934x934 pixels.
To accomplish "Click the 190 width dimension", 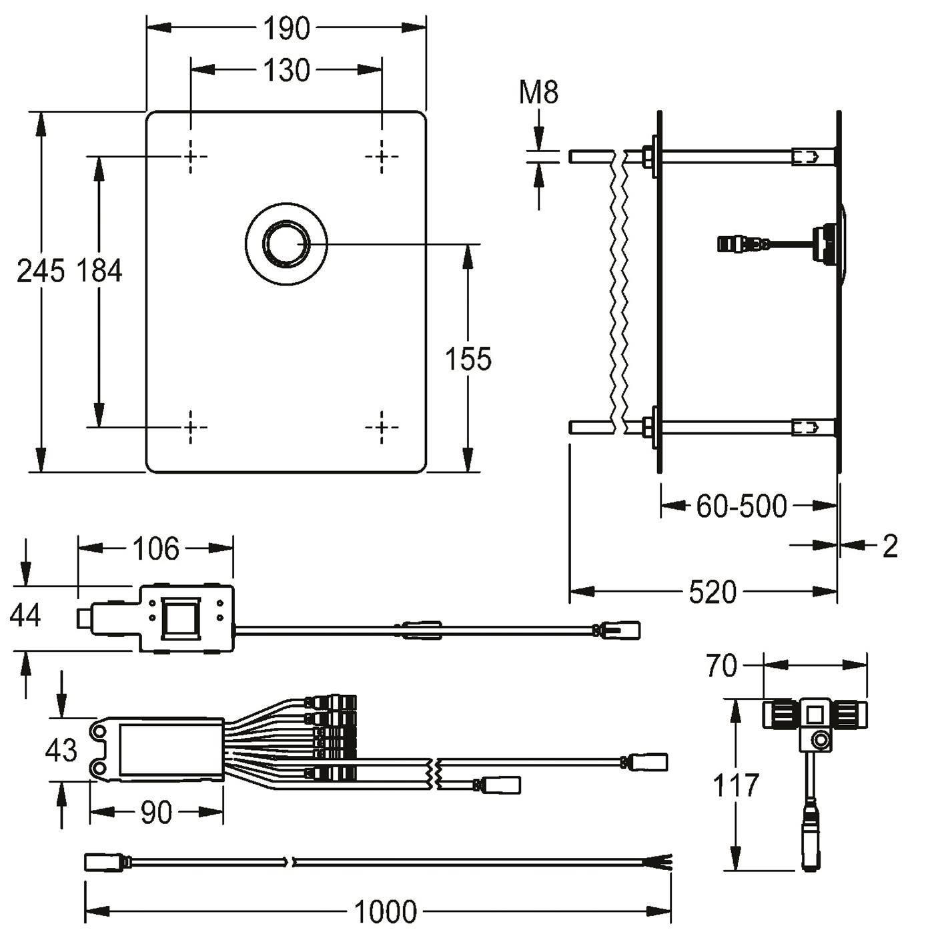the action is [x=286, y=29].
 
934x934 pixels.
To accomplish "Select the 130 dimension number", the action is [x=286, y=70].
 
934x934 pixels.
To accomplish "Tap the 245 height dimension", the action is [x=41, y=271].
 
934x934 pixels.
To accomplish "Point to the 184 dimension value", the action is [x=99, y=271].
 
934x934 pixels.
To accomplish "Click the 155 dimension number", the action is [x=468, y=359].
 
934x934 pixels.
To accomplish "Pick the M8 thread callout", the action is [x=538, y=92].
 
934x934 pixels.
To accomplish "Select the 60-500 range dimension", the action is [x=742, y=506].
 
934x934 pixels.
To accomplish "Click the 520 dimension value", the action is [x=713, y=592].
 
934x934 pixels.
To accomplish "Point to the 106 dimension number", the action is [x=156, y=548].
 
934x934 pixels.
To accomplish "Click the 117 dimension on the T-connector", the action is [x=735, y=799].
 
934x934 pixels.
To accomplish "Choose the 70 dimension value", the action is [x=721, y=666].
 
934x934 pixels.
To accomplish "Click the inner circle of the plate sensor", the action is [x=286, y=244].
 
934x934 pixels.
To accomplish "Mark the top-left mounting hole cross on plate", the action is [x=191, y=157].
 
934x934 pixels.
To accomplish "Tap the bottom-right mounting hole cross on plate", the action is [x=382, y=427].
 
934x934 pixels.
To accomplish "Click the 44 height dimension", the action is [x=25, y=616].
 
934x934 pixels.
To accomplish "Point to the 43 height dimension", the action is [x=61, y=751].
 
